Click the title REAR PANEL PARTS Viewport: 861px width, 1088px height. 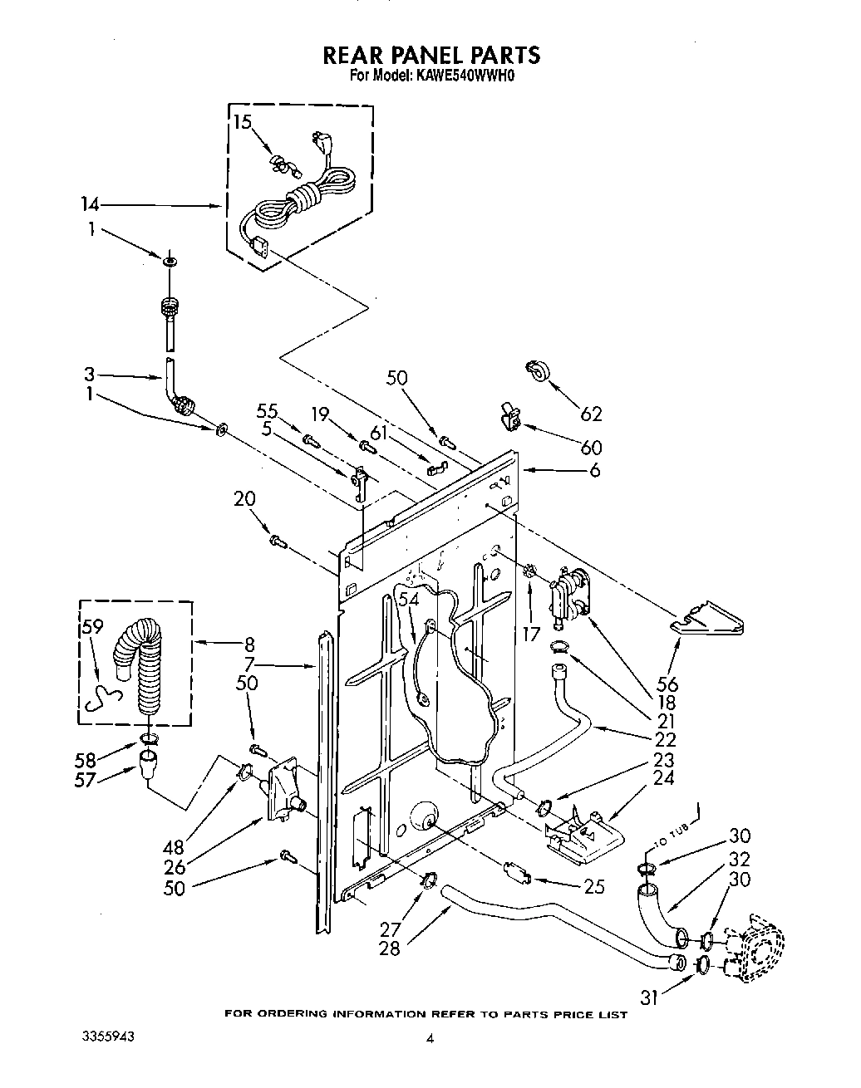tap(430, 55)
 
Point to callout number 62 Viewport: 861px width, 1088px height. tap(591, 414)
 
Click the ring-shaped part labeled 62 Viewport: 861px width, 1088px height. tap(538, 371)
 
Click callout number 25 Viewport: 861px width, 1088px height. tap(593, 887)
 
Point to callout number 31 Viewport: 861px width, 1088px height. tap(648, 996)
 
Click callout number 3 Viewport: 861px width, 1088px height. tap(89, 374)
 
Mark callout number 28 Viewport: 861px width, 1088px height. tap(388, 948)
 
